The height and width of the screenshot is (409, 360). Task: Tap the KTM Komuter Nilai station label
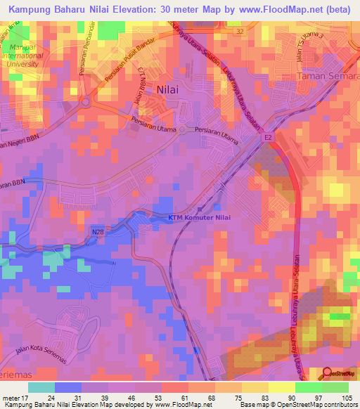pos(200,217)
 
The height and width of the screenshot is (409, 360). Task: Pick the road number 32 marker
pos(240,32)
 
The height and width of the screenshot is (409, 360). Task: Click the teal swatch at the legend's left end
pos(41,387)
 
